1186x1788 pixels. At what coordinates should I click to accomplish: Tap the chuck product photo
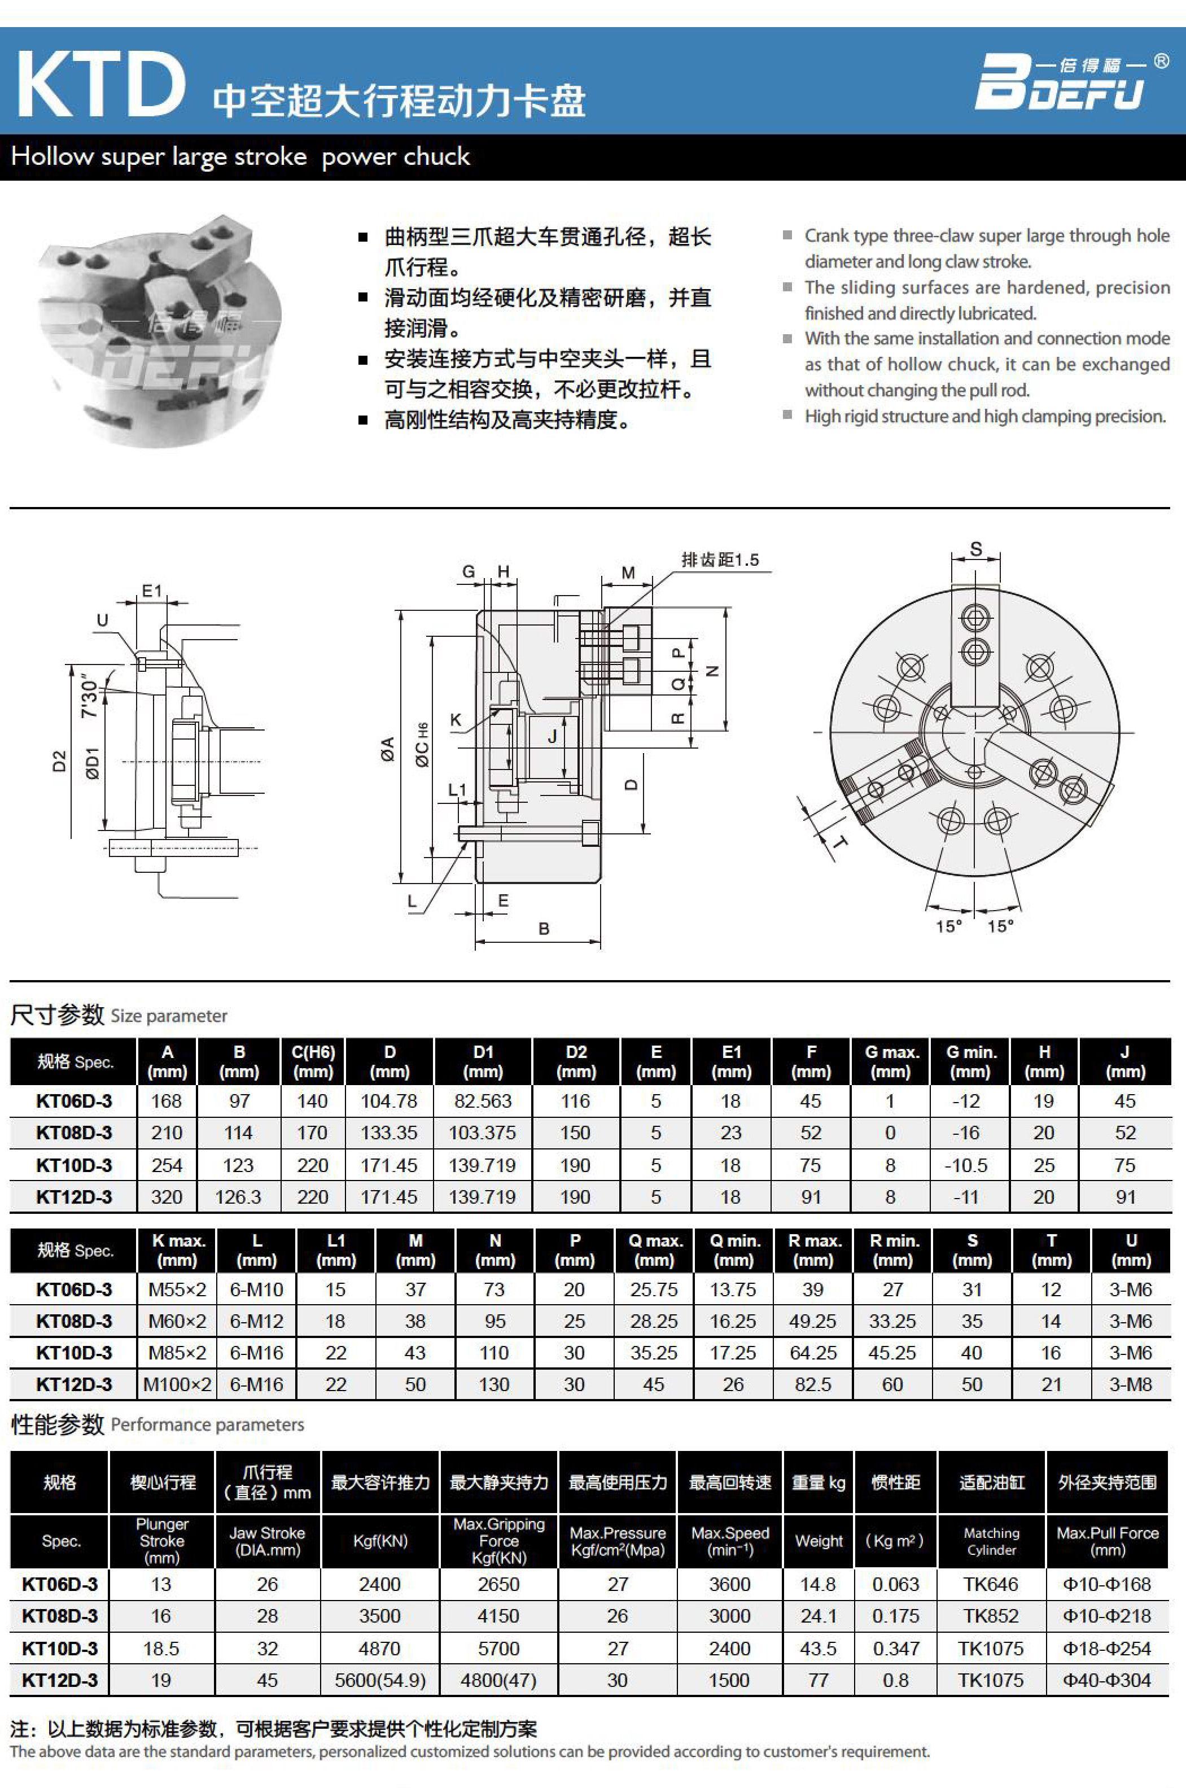pyautogui.click(x=155, y=329)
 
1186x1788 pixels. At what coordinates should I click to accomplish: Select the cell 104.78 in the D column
pyautogui.click(x=389, y=1101)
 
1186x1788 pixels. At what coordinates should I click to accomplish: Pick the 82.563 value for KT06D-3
pyautogui.click(x=483, y=1101)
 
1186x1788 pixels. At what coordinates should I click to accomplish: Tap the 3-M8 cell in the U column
pyautogui.click(x=1130, y=1384)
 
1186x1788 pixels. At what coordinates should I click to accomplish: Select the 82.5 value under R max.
pyautogui.click(x=812, y=1384)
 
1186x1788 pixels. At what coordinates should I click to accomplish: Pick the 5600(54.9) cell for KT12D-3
pyautogui.click(x=380, y=1680)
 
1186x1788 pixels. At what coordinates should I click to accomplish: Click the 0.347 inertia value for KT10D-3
pyautogui.click(x=895, y=1648)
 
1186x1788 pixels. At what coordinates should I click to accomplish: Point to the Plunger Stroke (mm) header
pyautogui.click(x=162, y=1541)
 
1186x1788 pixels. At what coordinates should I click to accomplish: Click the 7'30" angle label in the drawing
pyautogui.click(x=90, y=696)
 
